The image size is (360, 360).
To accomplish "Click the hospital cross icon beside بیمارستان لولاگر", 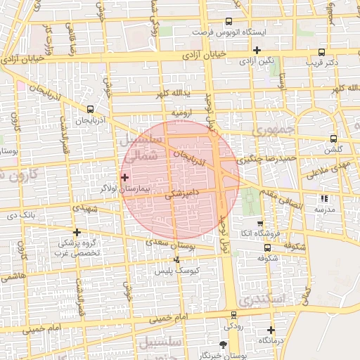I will pyautogui.click(x=125, y=177).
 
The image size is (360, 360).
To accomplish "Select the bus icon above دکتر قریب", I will pyautogui.click(x=322, y=52).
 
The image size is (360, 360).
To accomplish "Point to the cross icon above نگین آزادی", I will pyautogui.click(x=257, y=50).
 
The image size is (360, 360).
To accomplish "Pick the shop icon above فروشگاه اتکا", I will pyautogui.click(x=260, y=223).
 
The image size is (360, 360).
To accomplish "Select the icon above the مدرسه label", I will pyautogui.click(x=324, y=199).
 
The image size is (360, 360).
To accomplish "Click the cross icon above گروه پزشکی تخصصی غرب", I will pyautogui.click(x=77, y=232).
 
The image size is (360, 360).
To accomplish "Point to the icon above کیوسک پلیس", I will pyautogui.click(x=176, y=260).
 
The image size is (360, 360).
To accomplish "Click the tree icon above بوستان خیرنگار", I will pyautogui.click(x=224, y=344).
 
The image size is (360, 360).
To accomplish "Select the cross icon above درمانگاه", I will pyautogui.click(x=271, y=330).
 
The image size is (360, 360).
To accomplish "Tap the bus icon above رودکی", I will pyautogui.click(x=233, y=315).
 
